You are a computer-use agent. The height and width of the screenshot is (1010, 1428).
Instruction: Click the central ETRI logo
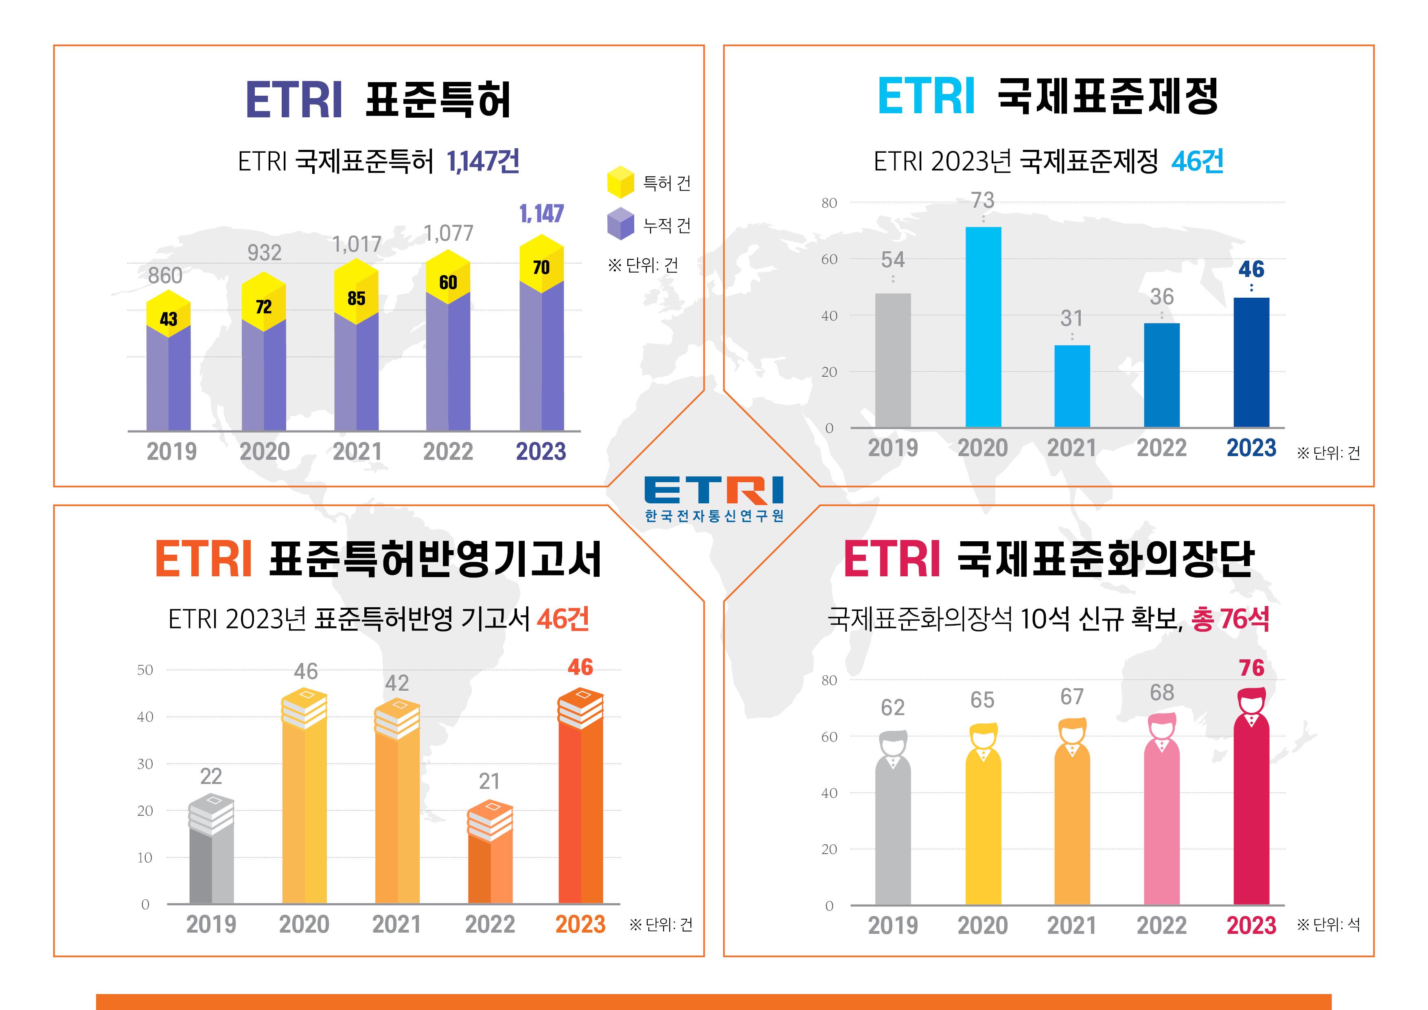pyautogui.click(x=714, y=498)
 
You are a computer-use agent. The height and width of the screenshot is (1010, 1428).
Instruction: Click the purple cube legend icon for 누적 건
pyautogui.click(x=620, y=224)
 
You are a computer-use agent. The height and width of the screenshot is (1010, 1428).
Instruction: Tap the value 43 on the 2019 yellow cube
pyautogui.click(x=169, y=319)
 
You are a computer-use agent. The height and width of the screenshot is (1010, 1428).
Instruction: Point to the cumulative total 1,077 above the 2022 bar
pyautogui.click(x=449, y=233)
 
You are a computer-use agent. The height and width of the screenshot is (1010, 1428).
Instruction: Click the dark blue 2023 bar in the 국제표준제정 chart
pyautogui.click(x=1251, y=362)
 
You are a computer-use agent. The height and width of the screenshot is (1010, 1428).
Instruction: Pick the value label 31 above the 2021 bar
pyautogui.click(x=1072, y=318)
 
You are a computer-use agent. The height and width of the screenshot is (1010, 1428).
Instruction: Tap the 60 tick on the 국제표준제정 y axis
pyautogui.click(x=829, y=259)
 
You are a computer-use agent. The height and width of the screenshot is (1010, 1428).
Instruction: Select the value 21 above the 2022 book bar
pyautogui.click(x=489, y=781)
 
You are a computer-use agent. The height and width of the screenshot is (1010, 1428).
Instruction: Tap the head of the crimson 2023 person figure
pyautogui.click(x=1251, y=701)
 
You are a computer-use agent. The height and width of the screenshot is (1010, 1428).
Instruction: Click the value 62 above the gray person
pyautogui.click(x=892, y=707)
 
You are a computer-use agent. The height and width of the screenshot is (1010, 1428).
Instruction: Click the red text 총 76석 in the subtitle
pyautogui.click(x=1230, y=619)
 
